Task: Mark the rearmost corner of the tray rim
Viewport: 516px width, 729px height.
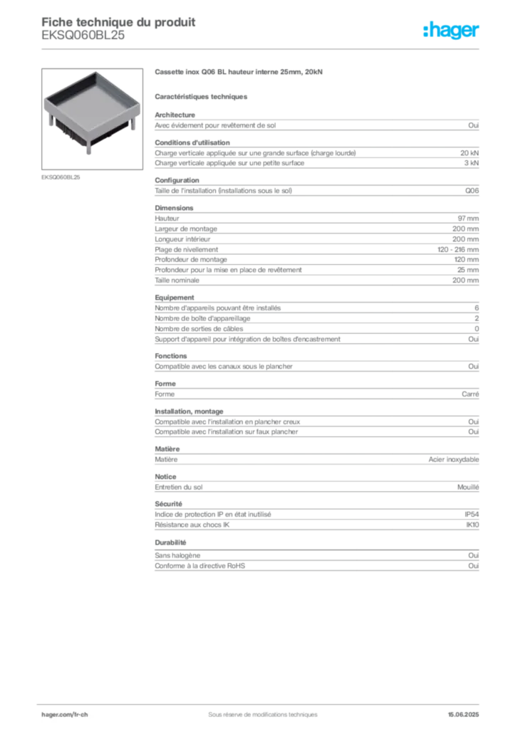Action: (92, 72)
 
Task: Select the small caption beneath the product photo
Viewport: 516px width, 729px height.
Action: (62, 177)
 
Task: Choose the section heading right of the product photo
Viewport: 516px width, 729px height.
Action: (239, 73)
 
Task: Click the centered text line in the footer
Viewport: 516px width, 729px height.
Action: (257, 710)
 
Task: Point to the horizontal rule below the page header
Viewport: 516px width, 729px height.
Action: (262, 48)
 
